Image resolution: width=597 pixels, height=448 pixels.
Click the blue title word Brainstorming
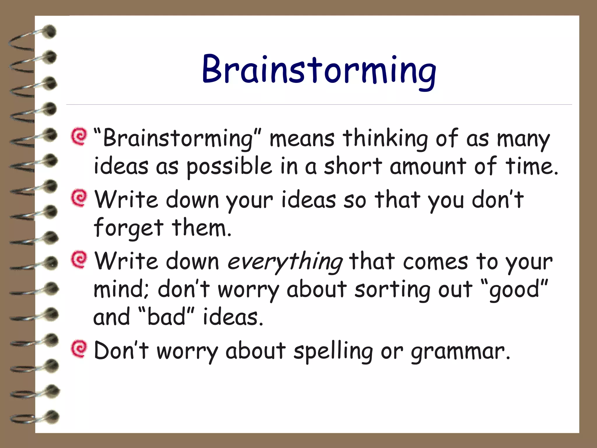pyautogui.click(x=319, y=70)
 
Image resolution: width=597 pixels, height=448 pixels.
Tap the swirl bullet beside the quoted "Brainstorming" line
pyautogui.click(x=79, y=136)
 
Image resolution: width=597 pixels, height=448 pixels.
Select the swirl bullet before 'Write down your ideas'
pyautogui.click(x=79, y=198)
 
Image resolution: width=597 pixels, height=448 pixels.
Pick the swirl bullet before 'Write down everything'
pyautogui.click(x=79, y=259)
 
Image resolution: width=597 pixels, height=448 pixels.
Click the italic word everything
pyautogui.click(x=285, y=262)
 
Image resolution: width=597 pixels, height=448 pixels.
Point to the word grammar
pyautogui.click(x=460, y=352)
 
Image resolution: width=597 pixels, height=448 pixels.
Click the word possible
pyautogui.click(x=229, y=167)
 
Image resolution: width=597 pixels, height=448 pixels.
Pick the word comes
pyautogui.click(x=436, y=262)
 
